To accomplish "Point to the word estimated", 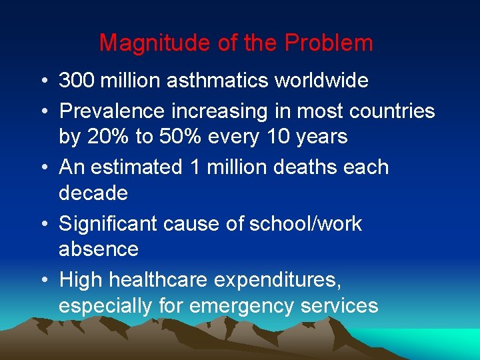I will [x=137, y=167].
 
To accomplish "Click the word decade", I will [x=93, y=193].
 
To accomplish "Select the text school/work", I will [x=305, y=223].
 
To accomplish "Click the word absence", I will [x=99, y=249].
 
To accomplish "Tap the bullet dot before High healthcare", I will [x=43, y=280].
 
